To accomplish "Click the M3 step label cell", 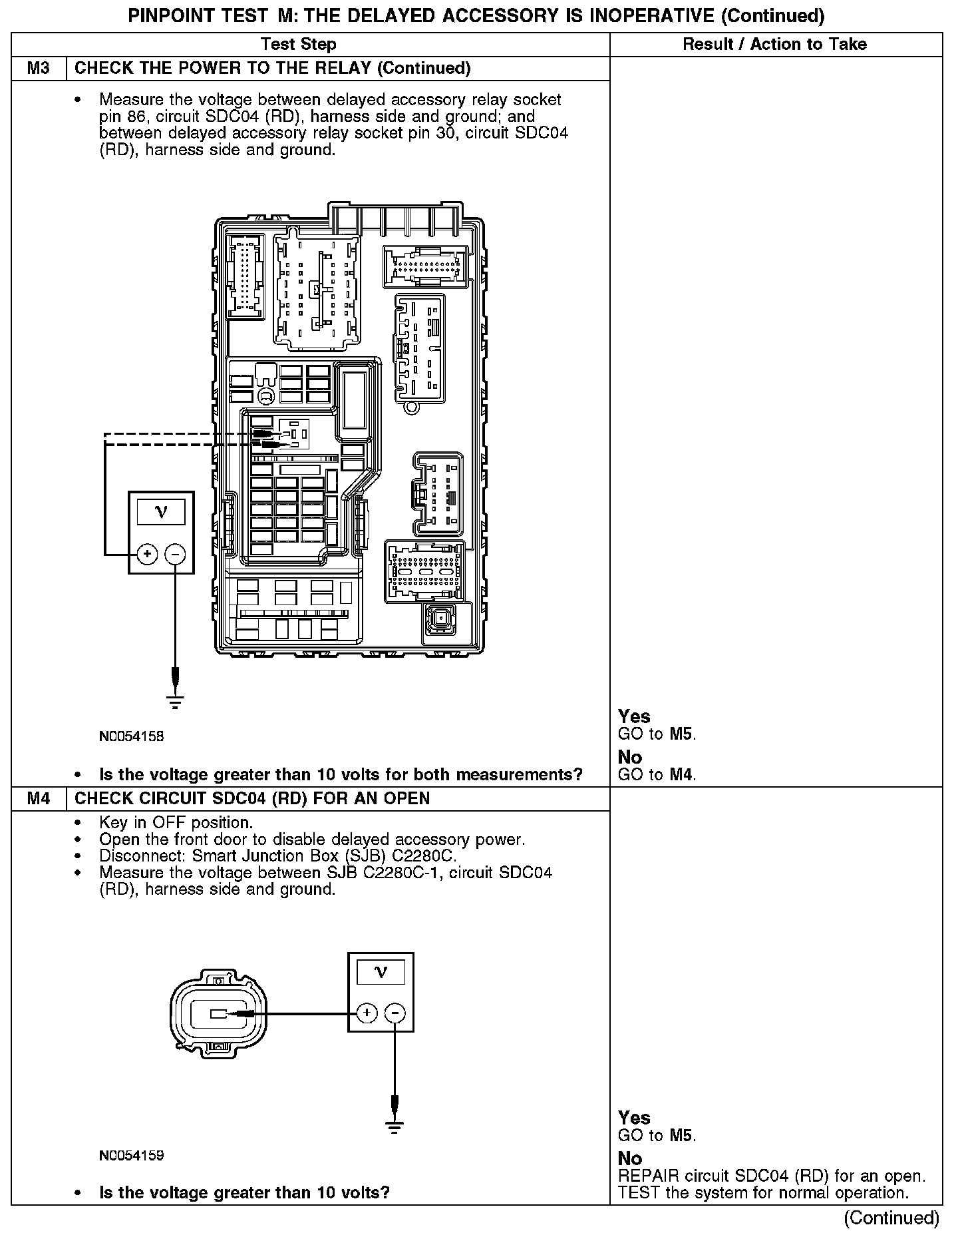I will tap(39, 69).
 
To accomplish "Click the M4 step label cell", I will tap(39, 798).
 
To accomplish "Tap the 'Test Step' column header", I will tap(299, 45).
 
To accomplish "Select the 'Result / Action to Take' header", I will tap(775, 45).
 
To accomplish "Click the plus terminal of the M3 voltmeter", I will tap(147, 553).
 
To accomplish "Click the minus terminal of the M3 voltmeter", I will tap(175, 553).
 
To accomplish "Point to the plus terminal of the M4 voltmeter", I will tap(367, 1013).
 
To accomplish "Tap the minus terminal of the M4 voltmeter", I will tap(395, 1013).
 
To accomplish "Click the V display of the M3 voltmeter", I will tap(161, 512).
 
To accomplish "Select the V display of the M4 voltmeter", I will tap(381, 973).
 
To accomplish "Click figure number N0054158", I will tap(132, 736).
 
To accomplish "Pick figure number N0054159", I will tap(132, 1155).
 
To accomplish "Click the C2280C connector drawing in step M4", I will tap(218, 1014).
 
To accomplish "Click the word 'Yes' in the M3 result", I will tap(633, 716).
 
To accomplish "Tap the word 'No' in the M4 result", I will tap(629, 1158).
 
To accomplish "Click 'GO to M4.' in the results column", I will tap(657, 775).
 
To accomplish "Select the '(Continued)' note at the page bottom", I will tap(891, 1218).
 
